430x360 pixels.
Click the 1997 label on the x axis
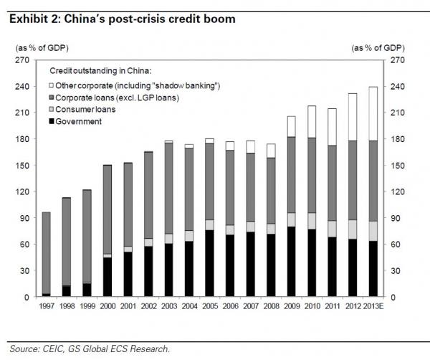pyautogui.click(x=45, y=307)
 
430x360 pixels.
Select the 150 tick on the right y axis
pyautogui.click(x=398, y=166)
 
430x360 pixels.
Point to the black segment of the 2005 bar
pyautogui.click(x=210, y=263)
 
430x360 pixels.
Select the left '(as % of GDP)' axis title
pyautogui.click(x=34, y=48)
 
